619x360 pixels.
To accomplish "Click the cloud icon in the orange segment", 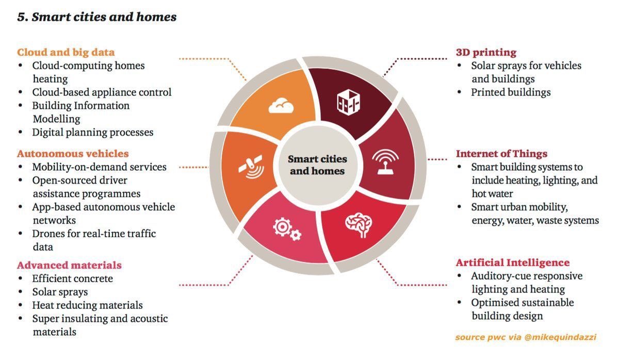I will pyautogui.click(x=281, y=106).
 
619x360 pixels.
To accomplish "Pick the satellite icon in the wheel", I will pyautogui.click(x=250, y=166).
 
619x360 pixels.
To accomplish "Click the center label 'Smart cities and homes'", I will pyautogui.click(x=317, y=165).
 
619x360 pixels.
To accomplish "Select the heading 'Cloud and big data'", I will pyautogui.click(x=66, y=52).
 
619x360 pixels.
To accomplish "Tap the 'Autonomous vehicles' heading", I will pyautogui.click(x=73, y=154).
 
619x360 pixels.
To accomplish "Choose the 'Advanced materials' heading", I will pyautogui.click(x=69, y=265).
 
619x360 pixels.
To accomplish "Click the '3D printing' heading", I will pyautogui.click(x=486, y=52).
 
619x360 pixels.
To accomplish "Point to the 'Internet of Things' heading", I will pyautogui.click(x=501, y=154).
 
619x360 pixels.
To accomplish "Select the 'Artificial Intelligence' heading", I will pyautogui.click(x=513, y=263).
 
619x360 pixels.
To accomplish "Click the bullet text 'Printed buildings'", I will pyautogui.click(x=511, y=92).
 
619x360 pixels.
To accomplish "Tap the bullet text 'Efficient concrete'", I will pyautogui.click(x=72, y=279).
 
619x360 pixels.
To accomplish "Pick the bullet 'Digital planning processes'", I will pyautogui.click(x=93, y=132).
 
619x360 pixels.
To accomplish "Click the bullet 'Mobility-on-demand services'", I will pyautogui.click(x=99, y=167).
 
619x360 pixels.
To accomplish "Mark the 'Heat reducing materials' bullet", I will pyautogui.click(x=87, y=305).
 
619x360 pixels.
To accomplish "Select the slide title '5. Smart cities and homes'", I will pyautogui.click(x=97, y=17).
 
